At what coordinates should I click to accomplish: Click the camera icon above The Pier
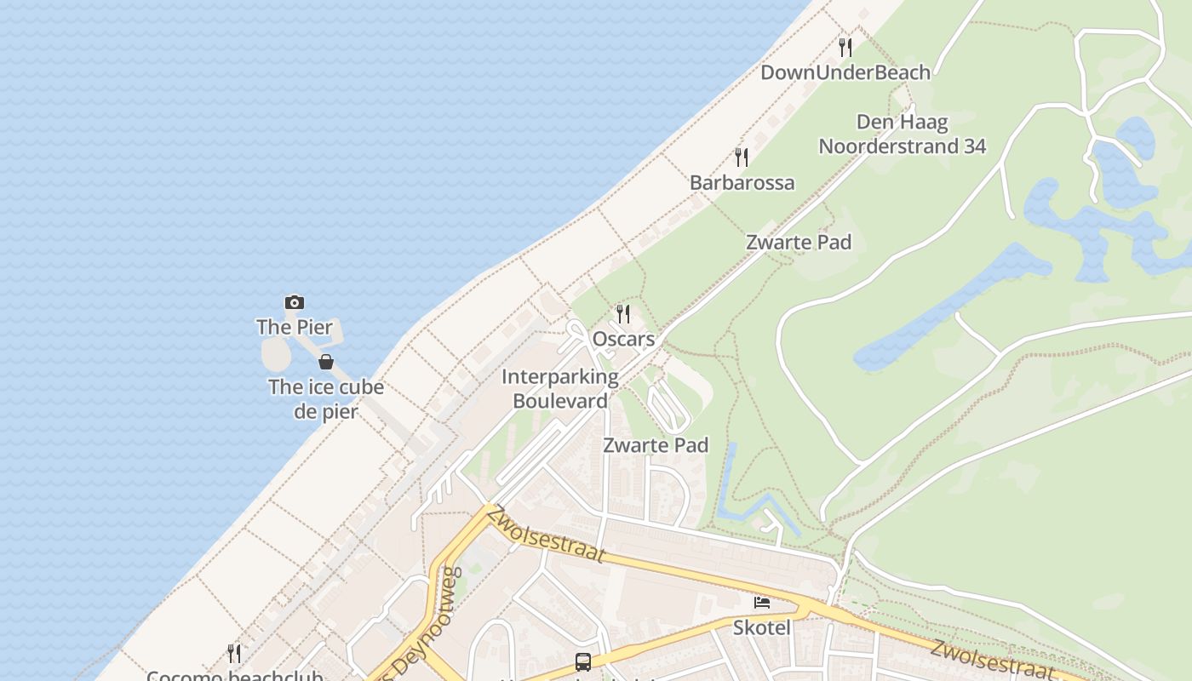295,302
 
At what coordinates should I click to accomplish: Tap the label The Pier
295,327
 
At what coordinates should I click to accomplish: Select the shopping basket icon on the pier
326,362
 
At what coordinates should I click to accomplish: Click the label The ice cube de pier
326,399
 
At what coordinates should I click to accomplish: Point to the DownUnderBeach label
845,72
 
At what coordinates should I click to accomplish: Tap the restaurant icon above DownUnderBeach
845,47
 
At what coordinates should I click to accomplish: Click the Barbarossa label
742,182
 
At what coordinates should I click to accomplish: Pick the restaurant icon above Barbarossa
742,157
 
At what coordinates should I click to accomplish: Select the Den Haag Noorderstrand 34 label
903,134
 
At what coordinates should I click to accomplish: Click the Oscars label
623,339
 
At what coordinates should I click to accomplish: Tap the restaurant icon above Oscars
623,314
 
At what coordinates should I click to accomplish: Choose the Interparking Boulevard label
560,388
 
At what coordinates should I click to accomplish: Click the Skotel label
762,628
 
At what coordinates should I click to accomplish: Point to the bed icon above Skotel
762,603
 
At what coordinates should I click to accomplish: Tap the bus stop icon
583,661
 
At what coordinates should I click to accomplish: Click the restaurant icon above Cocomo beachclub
234,653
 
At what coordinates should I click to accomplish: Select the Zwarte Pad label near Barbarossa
799,242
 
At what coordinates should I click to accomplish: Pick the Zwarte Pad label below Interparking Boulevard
656,444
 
